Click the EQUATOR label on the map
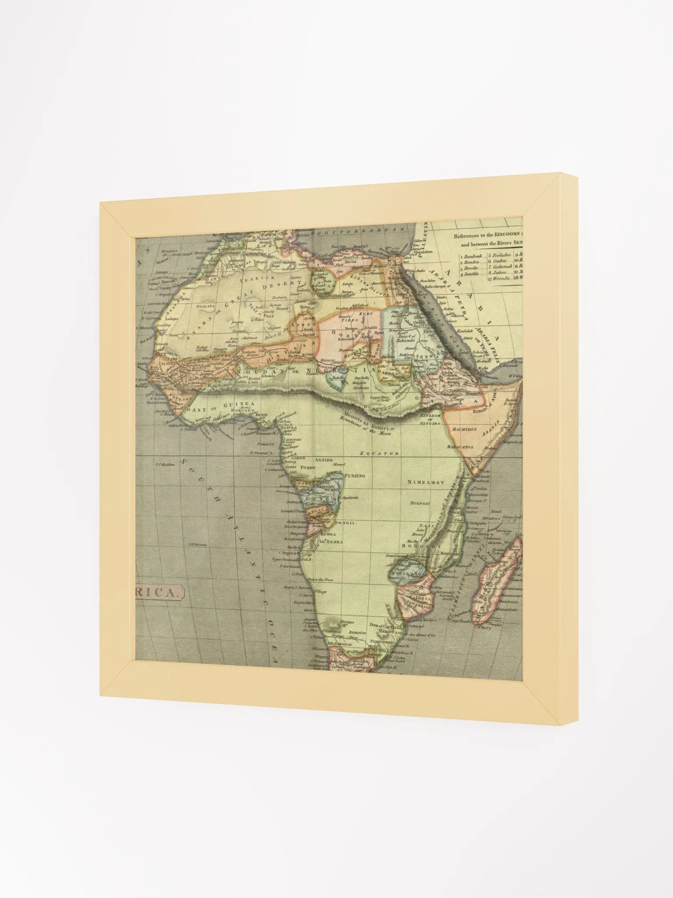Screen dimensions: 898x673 tap(379, 453)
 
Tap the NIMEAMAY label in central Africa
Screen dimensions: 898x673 tap(425, 482)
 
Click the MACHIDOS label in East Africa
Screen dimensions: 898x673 tap(464, 430)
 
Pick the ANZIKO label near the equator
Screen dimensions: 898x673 tap(323, 460)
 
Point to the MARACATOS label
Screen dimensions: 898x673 tap(460, 447)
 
